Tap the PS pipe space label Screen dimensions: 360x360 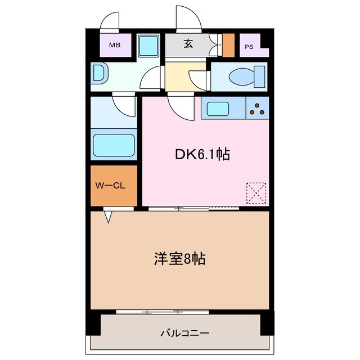pyautogui.click(x=249, y=47)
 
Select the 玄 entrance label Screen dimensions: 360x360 pyautogui.click(x=187, y=44)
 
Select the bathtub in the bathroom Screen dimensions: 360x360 pyautogui.click(x=114, y=146)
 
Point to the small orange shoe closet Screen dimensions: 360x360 pyautogui.click(x=228, y=45)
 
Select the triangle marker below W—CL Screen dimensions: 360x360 pyautogui.click(x=109, y=215)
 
